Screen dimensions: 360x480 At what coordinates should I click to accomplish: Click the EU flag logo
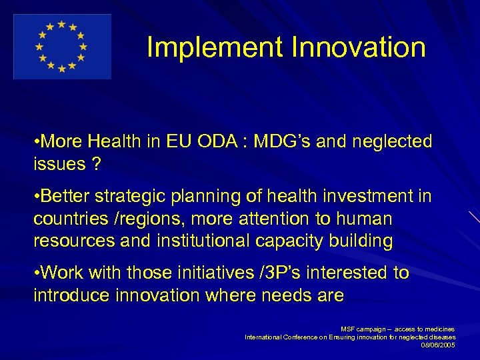(62, 47)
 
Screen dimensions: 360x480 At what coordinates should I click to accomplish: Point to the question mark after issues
(97, 164)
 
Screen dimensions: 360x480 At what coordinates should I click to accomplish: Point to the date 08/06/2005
(438, 345)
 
